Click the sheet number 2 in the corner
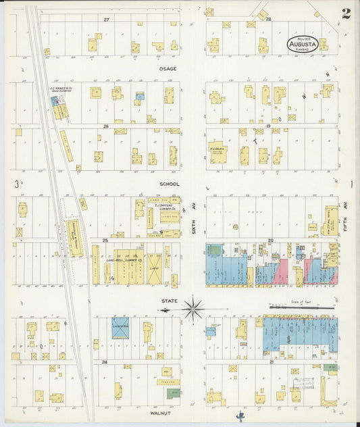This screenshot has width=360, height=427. point(345,14)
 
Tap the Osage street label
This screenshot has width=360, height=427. point(168,68)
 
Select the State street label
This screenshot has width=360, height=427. point(168,301)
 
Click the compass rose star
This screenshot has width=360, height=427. point(193,309)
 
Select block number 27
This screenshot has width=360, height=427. point(106,20)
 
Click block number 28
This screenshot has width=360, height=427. point(268,20)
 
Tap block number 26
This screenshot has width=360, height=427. point(105,126)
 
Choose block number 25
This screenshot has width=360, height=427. point(105,240)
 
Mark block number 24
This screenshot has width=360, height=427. point(105,362)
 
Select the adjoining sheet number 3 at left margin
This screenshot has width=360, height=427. point(15,183)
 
